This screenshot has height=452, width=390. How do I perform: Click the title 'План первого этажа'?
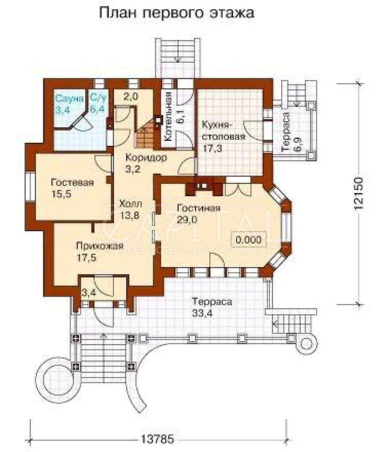tap(177, 14)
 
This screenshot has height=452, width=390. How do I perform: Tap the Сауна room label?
tap(69, 99)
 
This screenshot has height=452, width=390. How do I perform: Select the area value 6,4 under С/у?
tap(97, 109)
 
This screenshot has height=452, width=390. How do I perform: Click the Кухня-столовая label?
tap(224, 131)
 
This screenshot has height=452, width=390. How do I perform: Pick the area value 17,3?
tap(212, 149)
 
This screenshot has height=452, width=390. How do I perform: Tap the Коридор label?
tap(146, 157)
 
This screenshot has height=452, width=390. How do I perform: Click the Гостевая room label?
tap(72, 183)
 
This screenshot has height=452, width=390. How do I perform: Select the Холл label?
tap(131, 204)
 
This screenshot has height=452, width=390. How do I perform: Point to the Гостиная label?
tap(198, 208)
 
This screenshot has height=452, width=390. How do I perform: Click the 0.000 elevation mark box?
tap(248, 240)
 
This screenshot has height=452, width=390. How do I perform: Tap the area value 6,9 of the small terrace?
tap(299, 144)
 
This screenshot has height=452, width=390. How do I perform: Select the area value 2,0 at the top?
tap(131, 96)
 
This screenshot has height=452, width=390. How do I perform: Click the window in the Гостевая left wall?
tap(30, 187)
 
